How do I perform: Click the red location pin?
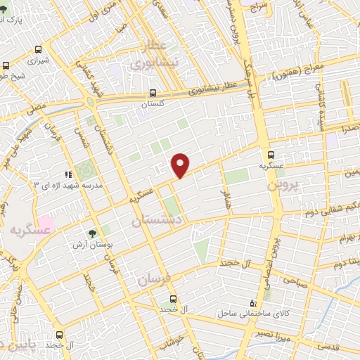coord(181,165)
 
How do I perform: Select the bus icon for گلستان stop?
coord(153,93)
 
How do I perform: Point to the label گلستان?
coord(153,104)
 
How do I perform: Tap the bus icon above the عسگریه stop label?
coord(271,155)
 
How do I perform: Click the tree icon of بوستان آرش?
coord(92,233)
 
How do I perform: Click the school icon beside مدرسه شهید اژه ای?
coord(68,174)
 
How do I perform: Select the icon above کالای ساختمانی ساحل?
coord(254,302)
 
